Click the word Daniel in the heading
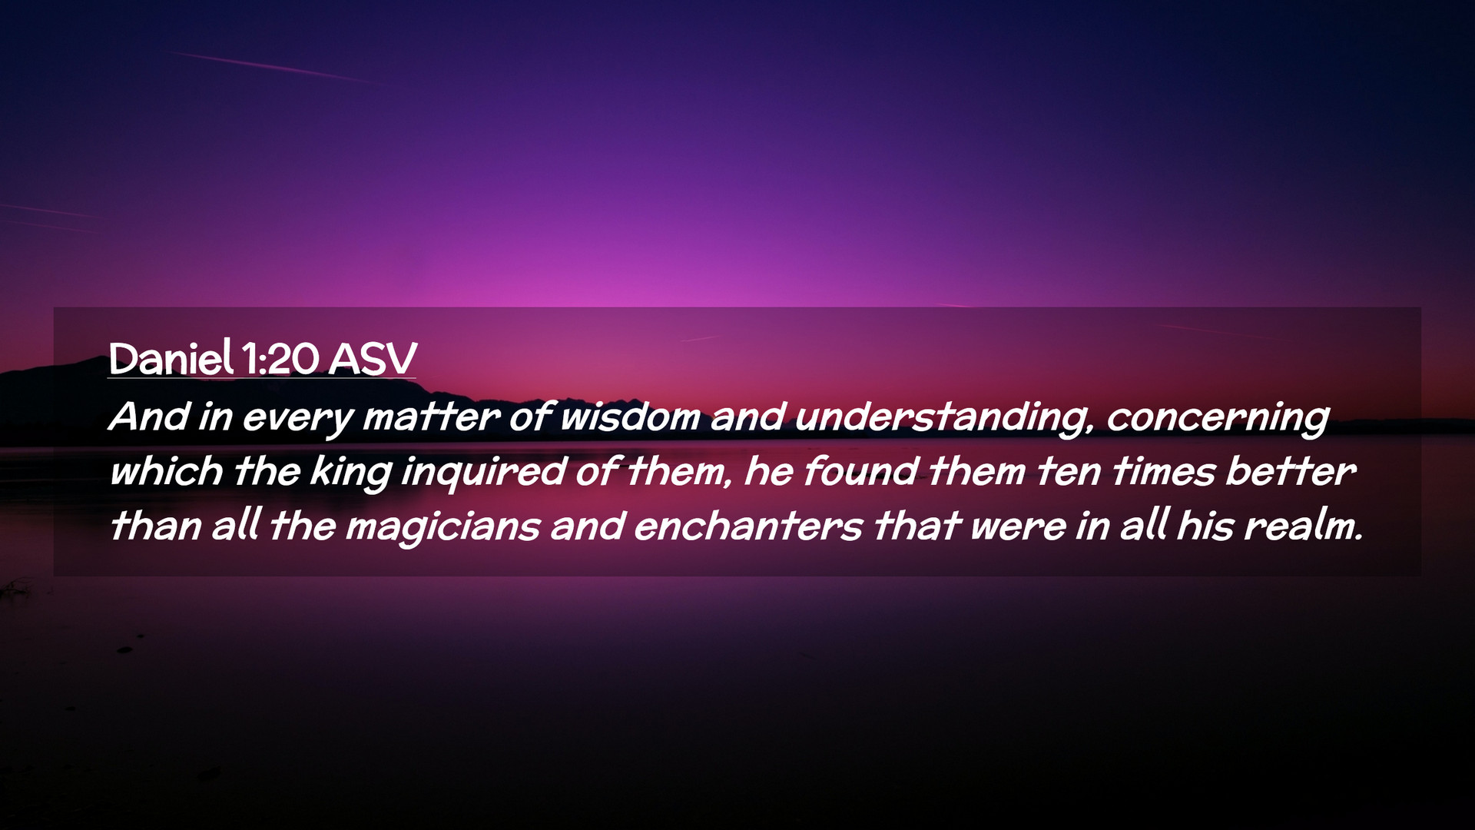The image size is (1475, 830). click(171, 358)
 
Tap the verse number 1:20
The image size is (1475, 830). click(280, 359)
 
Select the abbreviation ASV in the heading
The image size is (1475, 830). click(373, 359)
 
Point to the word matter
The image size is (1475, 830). click(431, 417)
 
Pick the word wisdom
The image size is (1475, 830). click(630, 417)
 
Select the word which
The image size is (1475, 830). click(166, 471)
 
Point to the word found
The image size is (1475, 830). click(860, 471)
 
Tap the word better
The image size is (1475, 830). click(1291, 471)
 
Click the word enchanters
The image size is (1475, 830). click(748, 526)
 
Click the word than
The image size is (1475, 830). click(155, 526)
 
